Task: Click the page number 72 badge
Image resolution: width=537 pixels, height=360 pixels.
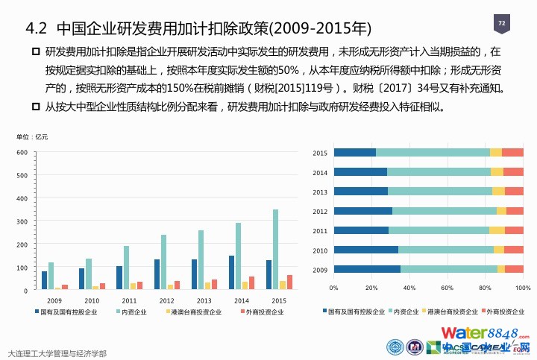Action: (x=501, y=24)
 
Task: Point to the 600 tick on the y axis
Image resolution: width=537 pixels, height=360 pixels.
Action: (x=22, y=153)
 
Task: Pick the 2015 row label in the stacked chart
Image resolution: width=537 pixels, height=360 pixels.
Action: (x=320, y=153)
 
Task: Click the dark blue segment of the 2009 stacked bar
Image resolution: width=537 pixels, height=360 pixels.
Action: (x=367, y=269)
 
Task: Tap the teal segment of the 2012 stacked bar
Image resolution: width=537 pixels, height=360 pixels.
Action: (x=445, y=211)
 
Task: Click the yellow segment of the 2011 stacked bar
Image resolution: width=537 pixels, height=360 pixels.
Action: (x=497, y=230)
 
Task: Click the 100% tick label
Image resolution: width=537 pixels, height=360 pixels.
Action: (x=522, y=287)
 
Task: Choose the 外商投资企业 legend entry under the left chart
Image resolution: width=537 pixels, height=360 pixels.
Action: (x=263, y=312)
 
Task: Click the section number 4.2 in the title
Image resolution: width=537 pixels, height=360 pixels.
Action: (x=37, y=28)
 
